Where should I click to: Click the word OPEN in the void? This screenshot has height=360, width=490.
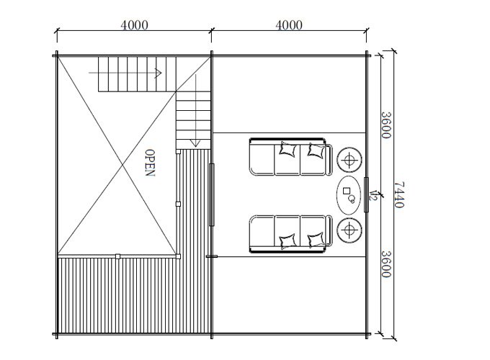(150, 163)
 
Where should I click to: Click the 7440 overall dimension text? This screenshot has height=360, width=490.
(399, 195)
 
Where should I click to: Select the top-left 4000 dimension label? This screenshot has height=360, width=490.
(134, 25)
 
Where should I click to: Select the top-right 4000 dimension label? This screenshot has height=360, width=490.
(289, 25)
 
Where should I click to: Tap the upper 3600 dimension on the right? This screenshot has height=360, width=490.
(386, 125)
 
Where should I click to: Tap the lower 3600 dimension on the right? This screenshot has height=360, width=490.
(386, 264)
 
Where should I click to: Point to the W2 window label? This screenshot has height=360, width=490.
(373, 195)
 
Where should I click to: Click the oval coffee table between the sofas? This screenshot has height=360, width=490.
(349, 195)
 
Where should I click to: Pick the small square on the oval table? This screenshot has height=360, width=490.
(347, 191)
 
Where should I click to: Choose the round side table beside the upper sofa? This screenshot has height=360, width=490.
(349, 160)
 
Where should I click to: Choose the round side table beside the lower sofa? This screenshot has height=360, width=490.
(349, 230)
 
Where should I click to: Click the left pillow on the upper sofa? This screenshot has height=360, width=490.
(288, 149)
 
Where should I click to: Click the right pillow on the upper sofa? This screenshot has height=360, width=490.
(316, 150)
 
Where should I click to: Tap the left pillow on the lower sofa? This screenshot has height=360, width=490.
(288, 241)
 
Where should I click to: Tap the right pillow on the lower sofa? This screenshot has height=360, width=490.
(316, 240)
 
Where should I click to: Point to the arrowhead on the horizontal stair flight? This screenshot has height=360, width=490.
(159, 73)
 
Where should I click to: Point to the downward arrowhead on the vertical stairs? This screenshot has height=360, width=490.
(195, 143)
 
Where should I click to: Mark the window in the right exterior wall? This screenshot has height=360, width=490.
(366, 194)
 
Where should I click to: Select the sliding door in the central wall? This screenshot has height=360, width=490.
(212, 194)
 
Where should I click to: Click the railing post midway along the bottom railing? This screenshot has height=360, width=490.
(117, 256)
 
